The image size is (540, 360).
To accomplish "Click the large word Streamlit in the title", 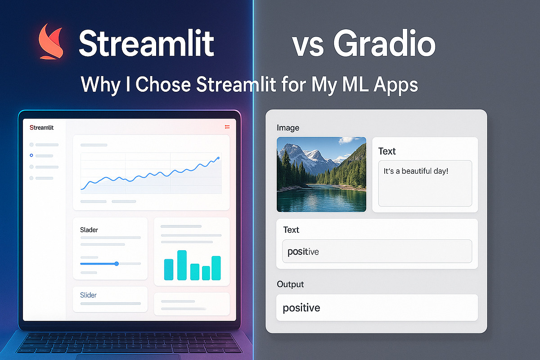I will click(x=146, y=44).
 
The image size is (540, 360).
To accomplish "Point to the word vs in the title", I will click(x=308, y=45).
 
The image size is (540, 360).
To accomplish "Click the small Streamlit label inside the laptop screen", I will click(x=41, y=128).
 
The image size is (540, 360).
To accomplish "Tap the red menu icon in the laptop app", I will click(x=227, y=127).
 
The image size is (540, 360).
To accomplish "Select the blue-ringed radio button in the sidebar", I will click(x=31, y=155).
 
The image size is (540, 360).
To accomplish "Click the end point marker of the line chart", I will click(x=218, y=158).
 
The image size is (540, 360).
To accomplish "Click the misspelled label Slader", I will click(x=89, y=230).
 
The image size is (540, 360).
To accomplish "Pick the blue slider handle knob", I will click(x=117, y=263).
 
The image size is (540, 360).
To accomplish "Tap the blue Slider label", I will click(x=88, y=295).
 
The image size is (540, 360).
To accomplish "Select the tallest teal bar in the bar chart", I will click(x=182, y=265).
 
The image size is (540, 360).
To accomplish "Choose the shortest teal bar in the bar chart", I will click(x=206, y=273).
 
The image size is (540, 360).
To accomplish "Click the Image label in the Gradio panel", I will click(x=288, y=128).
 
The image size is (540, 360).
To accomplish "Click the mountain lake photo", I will click(x=321, y=174).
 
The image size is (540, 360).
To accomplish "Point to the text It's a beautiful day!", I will click(x=416, y=171).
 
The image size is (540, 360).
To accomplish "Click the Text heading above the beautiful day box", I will click(x=387, y=151).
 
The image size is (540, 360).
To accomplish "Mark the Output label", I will click(x=290, y=284).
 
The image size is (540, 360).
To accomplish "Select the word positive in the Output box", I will click(x=301, y=308).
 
